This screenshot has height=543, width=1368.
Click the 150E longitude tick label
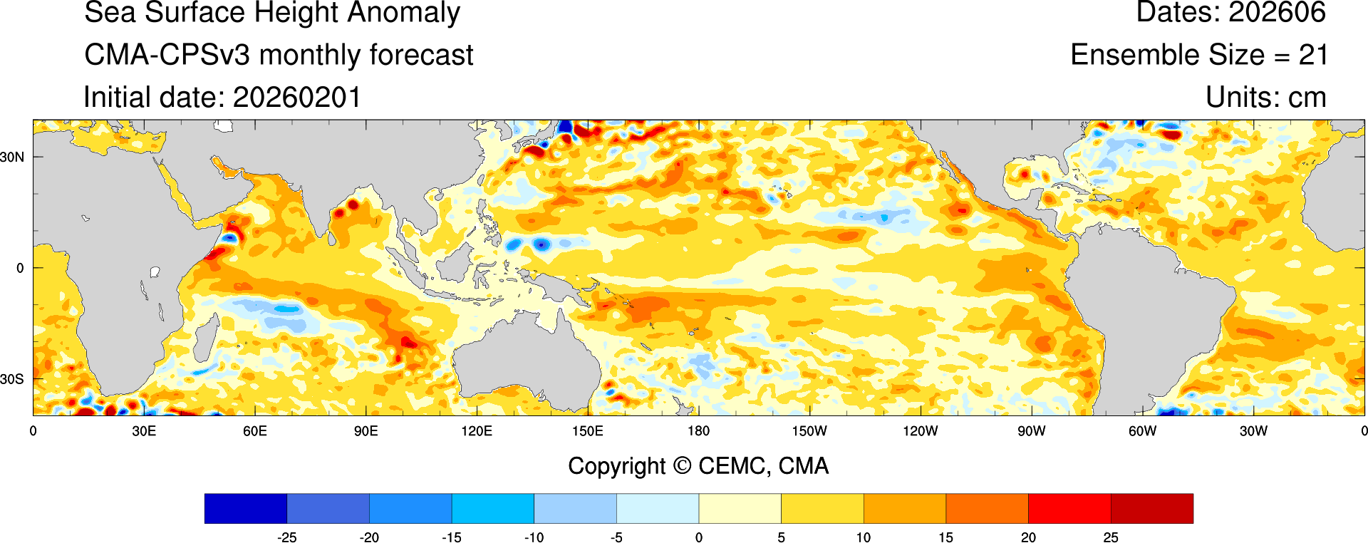(588, 431)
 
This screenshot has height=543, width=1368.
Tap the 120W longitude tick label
(920, 431)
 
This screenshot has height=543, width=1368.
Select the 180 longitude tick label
(698, 431)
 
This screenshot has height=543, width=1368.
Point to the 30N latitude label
(12, 157)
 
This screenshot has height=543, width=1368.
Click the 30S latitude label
(12, 379)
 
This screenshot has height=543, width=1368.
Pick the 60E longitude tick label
(255, 431)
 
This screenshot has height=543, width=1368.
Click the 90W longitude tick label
(1031, 431)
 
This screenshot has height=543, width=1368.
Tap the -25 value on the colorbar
(286, 537)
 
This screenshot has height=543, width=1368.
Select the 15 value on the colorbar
(945, 537)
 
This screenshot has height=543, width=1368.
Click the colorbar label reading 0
(699, 537)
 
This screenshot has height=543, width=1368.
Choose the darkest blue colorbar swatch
(246, 508)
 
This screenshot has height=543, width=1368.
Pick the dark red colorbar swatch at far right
(1151, 508)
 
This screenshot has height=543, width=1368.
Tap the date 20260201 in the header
(297, 98)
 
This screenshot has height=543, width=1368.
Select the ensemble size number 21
(1312, 55)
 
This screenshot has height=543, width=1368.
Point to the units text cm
(1307, 98)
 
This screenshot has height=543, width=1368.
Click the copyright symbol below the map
(682, 466)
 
